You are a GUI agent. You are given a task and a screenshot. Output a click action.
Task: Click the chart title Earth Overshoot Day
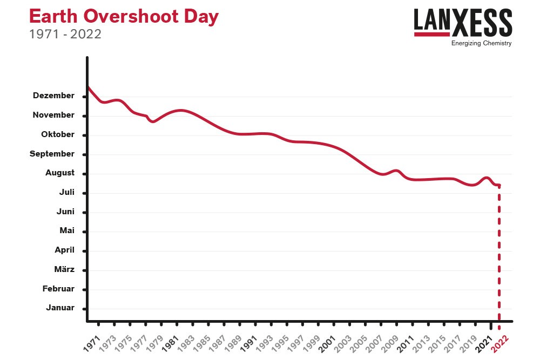124,17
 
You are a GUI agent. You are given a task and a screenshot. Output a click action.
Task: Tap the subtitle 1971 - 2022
65,34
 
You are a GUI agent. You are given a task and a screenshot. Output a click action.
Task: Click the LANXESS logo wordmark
463,21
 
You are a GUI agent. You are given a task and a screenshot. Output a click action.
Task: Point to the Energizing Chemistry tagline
481,44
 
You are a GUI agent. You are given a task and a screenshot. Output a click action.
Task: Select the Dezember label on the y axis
53,96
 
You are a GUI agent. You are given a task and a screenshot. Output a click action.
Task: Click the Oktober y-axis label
58,134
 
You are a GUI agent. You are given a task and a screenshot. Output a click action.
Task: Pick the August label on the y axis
60,173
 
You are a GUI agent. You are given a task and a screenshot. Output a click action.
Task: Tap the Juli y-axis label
66,192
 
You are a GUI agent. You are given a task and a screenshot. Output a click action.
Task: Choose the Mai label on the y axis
67,230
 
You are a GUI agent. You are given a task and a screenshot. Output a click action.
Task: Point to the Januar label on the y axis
60,308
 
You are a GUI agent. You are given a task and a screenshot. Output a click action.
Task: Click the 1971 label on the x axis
92,342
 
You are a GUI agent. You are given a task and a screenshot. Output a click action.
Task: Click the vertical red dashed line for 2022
499,254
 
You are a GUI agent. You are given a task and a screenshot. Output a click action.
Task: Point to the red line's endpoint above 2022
499,186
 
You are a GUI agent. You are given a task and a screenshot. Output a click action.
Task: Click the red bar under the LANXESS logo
433,34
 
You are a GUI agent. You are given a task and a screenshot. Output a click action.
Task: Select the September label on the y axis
52,154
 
